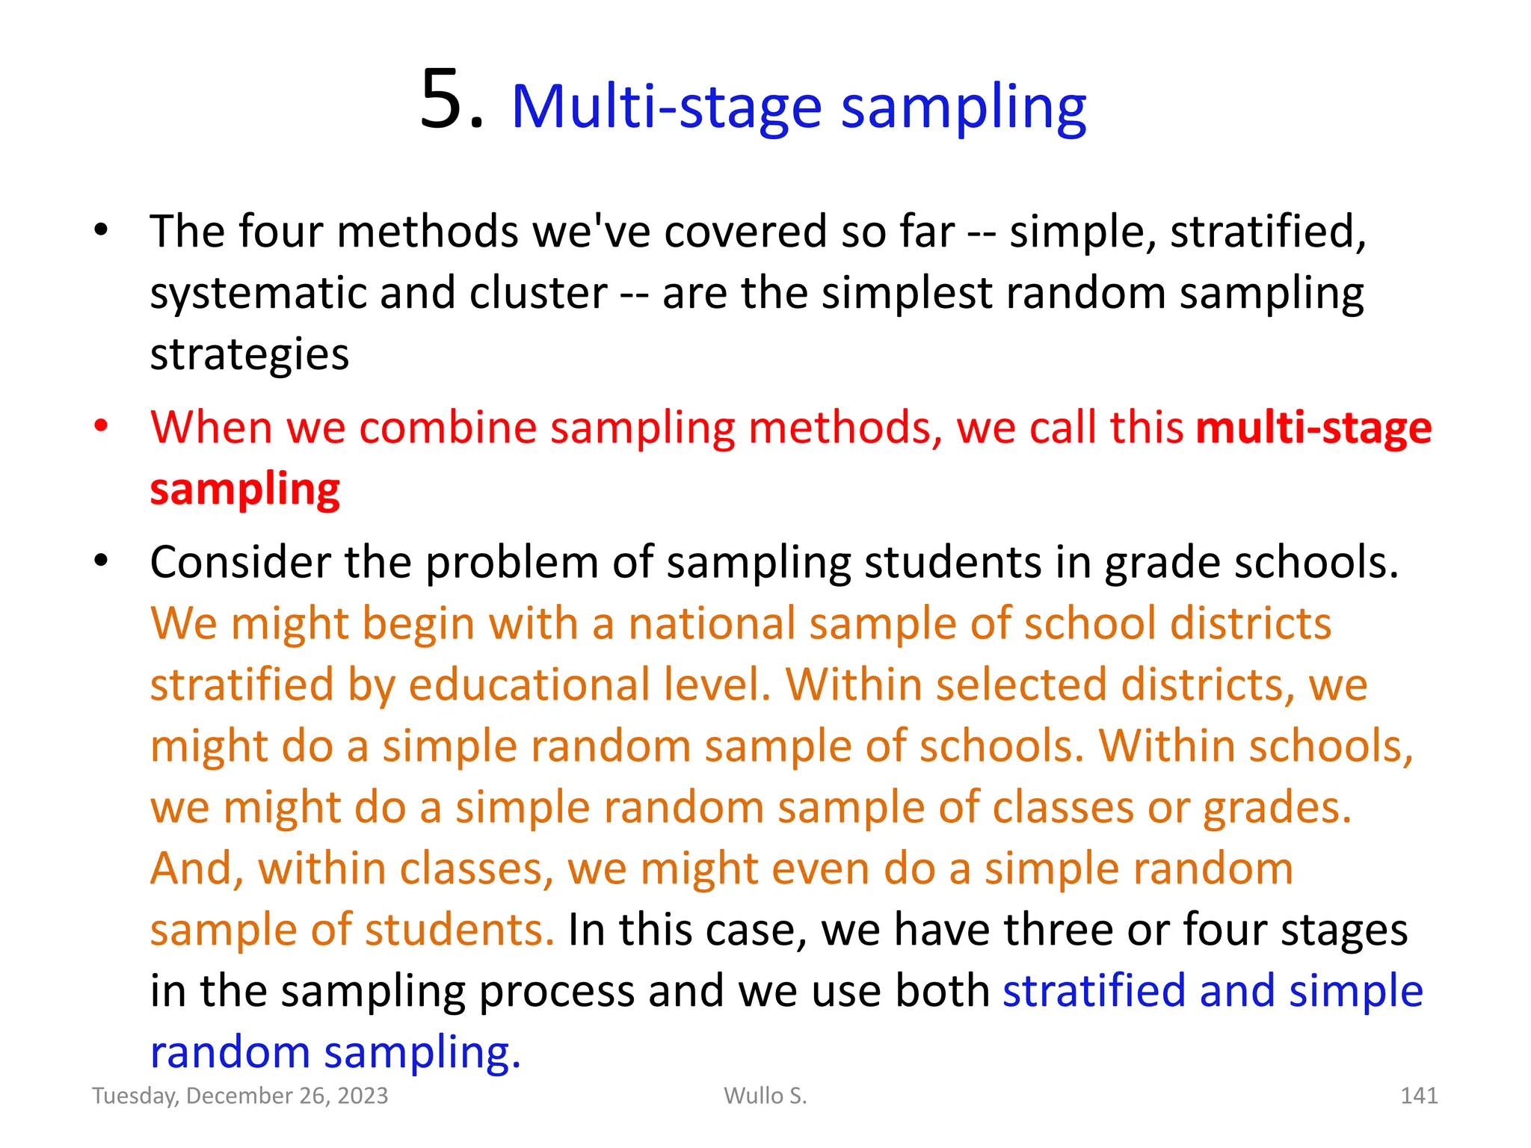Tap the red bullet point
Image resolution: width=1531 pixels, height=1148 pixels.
(101, 426)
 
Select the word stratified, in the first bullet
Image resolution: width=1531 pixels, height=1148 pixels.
(1268, 232)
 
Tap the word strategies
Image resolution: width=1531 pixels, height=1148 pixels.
(249, 354)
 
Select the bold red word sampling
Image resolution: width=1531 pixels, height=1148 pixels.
(244, 490)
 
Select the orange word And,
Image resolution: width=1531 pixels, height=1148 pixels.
(197, 868)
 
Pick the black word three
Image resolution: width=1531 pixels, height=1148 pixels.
(1059, 930)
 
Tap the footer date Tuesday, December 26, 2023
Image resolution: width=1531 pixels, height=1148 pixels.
(240, 1096)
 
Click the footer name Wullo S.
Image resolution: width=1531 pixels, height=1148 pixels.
(765, 1096)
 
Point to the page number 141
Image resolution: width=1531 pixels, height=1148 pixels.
(1418, 1096)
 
